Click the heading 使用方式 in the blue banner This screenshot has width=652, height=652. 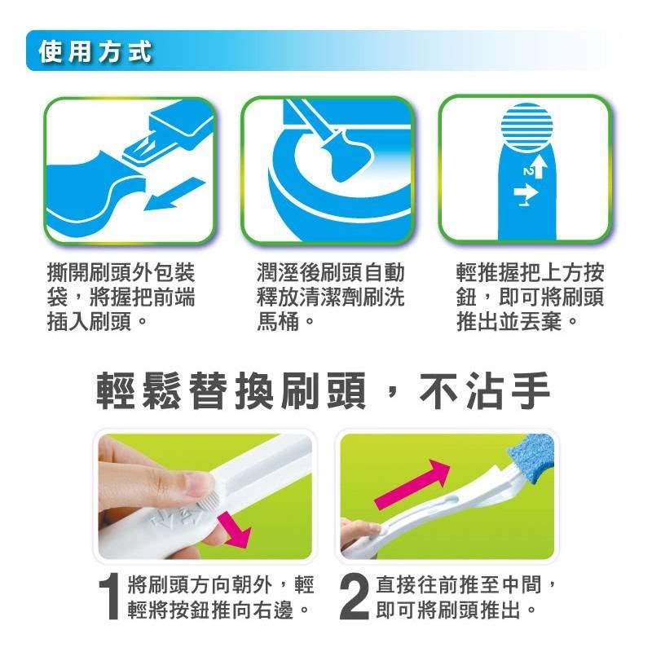coord(95,52)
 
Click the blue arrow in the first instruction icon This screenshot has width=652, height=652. coord(174,195)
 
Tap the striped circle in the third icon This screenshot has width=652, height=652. coord(527,127)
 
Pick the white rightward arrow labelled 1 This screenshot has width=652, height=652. coord(526,192)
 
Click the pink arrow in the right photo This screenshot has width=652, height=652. coord(412,484)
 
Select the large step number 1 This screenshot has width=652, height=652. coord(110,598)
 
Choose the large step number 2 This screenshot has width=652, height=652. coord(354,598)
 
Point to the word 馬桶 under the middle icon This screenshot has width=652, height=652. coord(277,321)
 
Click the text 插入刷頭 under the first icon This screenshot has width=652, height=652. coord(90,321)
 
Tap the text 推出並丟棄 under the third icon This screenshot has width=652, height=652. coord(509,321)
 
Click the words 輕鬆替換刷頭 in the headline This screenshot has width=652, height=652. coord(231,391)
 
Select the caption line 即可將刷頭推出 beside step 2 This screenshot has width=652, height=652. coord(448,610)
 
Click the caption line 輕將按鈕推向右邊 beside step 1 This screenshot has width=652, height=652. coord(210,610)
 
